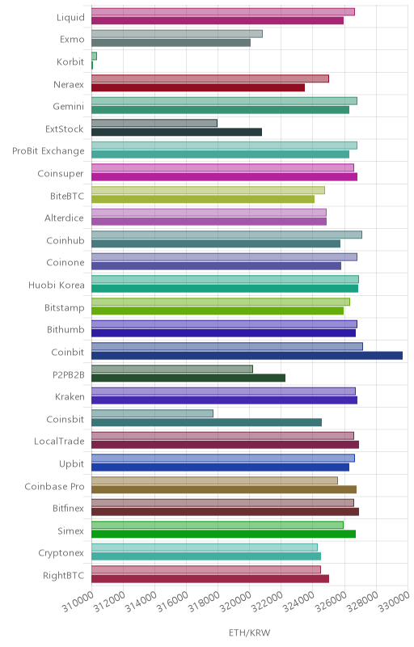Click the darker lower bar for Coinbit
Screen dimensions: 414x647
click(247, 356)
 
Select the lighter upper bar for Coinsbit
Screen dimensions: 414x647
click(152, 413)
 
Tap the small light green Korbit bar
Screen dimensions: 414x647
click(94, 56)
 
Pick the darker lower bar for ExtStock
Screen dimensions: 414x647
click(176, 132)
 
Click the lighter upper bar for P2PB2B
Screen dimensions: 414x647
click(172, 369)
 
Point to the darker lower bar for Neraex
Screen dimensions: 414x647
click(198, 87)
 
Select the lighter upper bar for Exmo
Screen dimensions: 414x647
click(177, 34)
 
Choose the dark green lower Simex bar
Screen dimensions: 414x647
click(223, 534)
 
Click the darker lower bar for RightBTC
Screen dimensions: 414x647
click(210, 579)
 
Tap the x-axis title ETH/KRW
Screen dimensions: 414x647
click(250, 632)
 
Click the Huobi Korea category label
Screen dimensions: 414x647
click(57, 285)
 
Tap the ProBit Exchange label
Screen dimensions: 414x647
click(49, 151)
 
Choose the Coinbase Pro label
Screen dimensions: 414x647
click(54, 487)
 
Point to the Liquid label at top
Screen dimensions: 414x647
click(70, 17)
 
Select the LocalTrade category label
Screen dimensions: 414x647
click(59, 442)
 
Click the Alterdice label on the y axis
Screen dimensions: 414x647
click(64, 218)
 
